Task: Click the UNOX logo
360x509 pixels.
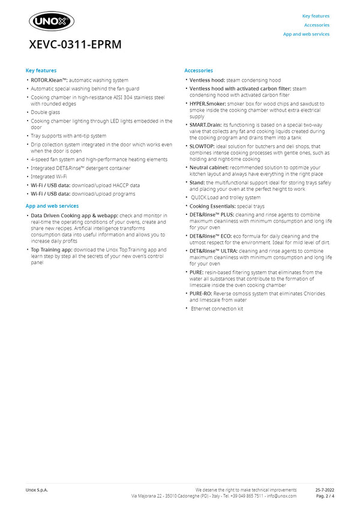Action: point(52,22)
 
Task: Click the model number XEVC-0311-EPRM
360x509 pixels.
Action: point(75,45)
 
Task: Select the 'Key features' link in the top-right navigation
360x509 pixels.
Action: point(316,16)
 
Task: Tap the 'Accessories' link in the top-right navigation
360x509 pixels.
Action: point(317,25)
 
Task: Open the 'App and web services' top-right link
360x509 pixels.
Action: point(306,34)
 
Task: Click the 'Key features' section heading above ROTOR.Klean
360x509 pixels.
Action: point(41,71)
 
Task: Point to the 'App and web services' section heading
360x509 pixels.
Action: point(52,206)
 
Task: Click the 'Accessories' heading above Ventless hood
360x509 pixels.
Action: point(199,71)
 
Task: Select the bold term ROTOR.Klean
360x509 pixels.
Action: point(49,80)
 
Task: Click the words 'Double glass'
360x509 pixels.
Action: point(46,112)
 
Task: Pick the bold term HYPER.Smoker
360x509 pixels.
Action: point(205,103)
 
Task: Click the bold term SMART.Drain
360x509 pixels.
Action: point(205,124)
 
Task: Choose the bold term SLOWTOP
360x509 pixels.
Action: point(201,146)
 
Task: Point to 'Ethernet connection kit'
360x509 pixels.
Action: point(217,309)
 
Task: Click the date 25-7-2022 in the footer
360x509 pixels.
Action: point(325,490)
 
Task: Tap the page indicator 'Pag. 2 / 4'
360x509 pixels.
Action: point(325,496)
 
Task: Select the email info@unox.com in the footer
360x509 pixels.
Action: point(281,496)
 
